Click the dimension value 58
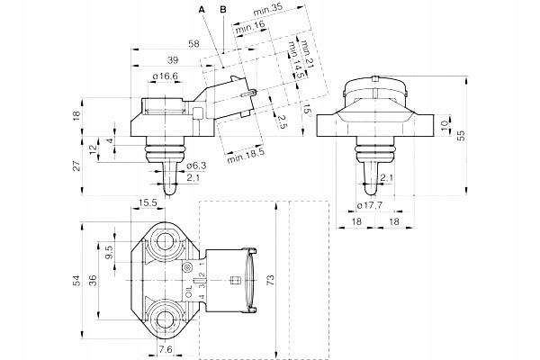(193, 43)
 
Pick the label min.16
(250, 26)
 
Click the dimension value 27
(78, 165)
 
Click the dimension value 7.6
(166, 350)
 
